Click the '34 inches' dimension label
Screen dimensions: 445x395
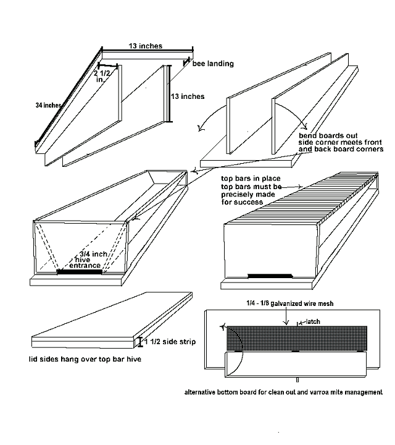pyautogui.click(x=48, y=106)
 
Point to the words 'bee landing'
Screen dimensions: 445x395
pyautogui.click(x=213, y=64)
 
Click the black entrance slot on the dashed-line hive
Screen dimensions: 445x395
pyautogui.click(x=78, y=271)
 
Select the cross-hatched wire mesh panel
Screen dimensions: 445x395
pyautogui.click(x=296, y=337)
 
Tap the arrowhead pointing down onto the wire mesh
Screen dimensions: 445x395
pyautogui.click(x=286, y=323)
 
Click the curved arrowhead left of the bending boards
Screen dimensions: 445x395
pyautogui.click(x=198, y=129)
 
